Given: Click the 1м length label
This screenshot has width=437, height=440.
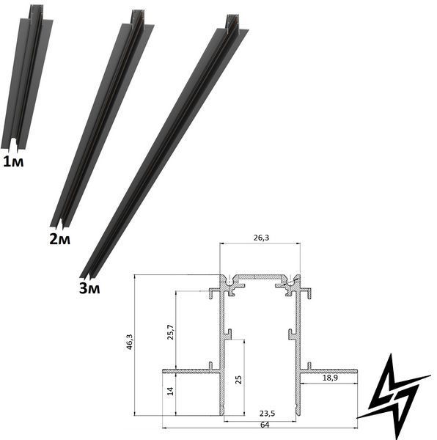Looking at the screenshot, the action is click(13, 162).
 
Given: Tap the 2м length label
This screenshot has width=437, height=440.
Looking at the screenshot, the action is click(59, 239).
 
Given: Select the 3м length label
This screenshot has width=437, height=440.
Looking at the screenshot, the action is click(89, 288).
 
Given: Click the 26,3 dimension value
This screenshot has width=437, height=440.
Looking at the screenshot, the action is click(261, 238).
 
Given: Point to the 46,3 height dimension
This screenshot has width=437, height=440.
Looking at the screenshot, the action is click(129, 342).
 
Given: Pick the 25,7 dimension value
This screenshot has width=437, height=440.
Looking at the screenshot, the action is click(171, 332).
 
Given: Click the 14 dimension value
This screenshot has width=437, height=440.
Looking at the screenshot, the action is click(170, 391).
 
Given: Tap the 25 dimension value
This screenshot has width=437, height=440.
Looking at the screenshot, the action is click(239, 380).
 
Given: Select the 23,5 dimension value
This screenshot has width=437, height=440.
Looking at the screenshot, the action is click(267, 414).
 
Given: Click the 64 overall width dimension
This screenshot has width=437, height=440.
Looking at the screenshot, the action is click(265, 425).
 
